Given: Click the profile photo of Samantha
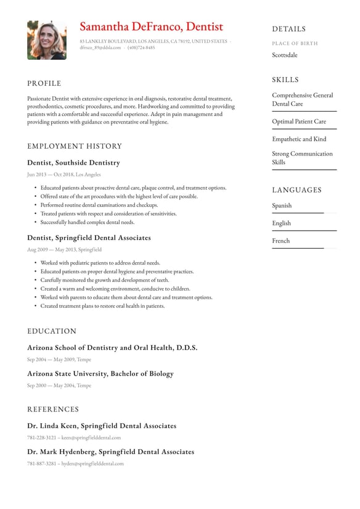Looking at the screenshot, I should click(x=46, y=39).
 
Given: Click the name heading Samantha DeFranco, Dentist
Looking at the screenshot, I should click(x=151, y=27).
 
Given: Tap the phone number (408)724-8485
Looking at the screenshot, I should click(x=141, y=48).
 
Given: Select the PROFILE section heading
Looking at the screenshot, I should click(x=44, y=83).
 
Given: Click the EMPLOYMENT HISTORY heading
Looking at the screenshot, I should click(x=75, y=146).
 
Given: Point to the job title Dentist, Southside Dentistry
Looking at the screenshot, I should click(x=73, y=163).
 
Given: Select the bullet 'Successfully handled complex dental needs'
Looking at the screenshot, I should click(x=87, y=222).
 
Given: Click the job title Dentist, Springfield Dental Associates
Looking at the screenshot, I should click(x=89, y=238).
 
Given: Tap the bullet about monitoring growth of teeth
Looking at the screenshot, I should click(x=104, y=280).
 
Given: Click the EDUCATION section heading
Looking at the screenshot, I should click(x=52, y=331).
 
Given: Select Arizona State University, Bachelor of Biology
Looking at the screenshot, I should click(x=100, y=374).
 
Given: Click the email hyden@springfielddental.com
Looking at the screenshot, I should click(x=92, y=463).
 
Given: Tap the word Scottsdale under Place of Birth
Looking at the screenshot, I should click(x=284, y=55).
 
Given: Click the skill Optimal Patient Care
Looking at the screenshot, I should click(x=299, y=122).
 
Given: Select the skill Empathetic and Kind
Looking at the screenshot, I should click(x=299, y=139).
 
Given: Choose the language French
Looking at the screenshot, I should click(x=280, y=241).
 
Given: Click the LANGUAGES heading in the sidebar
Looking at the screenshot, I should click(x=297, y=190).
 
